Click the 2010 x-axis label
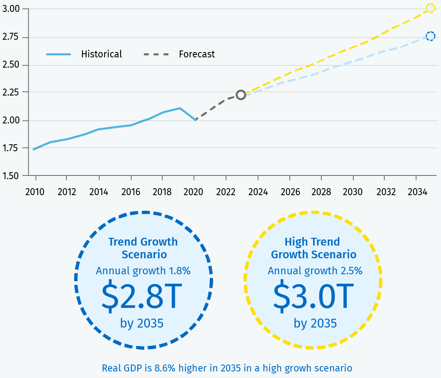pos(36,191)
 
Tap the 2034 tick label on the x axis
pos(416,191)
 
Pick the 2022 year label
pos(226,191)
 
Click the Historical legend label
pos(102,54)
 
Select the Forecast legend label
pos(197,54)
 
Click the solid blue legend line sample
pos(58,54)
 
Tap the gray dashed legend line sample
pos(156,54)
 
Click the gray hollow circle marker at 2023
pos(241,95)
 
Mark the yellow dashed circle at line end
pos(430,8)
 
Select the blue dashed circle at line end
pos(430,36)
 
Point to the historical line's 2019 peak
pos(180,108)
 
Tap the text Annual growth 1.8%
pos(143,271)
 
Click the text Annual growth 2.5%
pos(315,271)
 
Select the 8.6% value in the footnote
pos(168,368)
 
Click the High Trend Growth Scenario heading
pos(314,248)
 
